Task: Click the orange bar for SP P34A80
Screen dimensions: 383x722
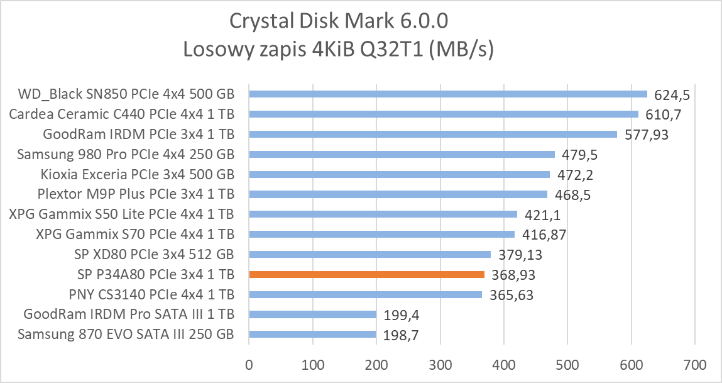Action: tap(366, 274)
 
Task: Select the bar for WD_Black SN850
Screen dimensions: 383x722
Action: tap(448, 94)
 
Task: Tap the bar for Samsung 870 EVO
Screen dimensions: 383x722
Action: tap(312, 335)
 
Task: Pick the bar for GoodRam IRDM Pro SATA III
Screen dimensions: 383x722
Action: tap(312, 314)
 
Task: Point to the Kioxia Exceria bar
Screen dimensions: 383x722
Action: tap(400, 174)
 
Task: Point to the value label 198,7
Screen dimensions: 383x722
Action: tap(400, 336)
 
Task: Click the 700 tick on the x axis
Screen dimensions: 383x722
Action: tap(694, 364)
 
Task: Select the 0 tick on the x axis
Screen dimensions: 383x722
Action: tap(249, 364)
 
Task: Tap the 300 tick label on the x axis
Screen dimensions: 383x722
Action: tap(440, 364)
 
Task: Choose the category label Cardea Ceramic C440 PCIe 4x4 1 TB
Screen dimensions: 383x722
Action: tap(121, 114)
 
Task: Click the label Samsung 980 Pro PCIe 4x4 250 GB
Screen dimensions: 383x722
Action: tap(126, 154)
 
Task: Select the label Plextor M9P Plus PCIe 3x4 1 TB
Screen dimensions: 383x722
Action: tap(127, 194)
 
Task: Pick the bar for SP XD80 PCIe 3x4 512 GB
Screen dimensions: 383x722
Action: tap(369, 254)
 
